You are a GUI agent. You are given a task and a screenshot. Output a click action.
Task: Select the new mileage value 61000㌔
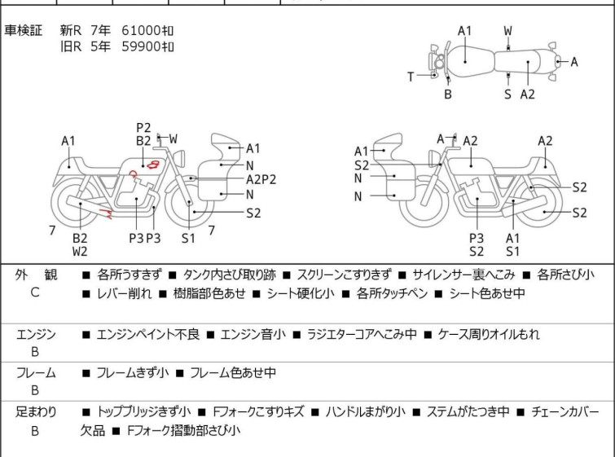point(147,30)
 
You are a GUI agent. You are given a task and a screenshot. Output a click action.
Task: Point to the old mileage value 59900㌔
point(147,46)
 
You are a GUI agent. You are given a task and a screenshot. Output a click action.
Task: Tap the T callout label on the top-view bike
point(411,77)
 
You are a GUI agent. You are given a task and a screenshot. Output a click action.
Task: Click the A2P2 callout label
point(261,179)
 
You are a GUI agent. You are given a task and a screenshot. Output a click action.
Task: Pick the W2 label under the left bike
point(80,252)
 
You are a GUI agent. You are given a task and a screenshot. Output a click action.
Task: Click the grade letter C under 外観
point(35,293)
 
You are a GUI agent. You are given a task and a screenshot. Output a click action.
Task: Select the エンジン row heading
point(36,334)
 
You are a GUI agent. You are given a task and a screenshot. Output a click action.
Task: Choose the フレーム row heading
point(36,373)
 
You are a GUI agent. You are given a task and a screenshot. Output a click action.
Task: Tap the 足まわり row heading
point(36,412)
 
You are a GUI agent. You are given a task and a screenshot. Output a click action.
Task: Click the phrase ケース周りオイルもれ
point(489,334)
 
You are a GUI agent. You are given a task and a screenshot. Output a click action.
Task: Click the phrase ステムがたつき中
point(473,412)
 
